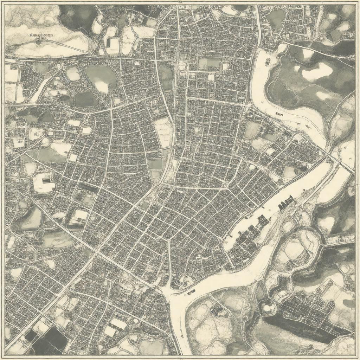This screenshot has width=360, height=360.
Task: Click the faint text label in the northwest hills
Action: [41, 36]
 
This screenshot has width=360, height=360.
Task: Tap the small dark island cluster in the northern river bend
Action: [268, 62]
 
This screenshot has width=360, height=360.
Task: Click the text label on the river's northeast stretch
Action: [279, 114]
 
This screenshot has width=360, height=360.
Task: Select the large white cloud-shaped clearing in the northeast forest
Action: [317, 72]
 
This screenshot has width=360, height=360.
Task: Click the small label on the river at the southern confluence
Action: [191, 292]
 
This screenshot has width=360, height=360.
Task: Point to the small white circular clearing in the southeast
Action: [269, 308]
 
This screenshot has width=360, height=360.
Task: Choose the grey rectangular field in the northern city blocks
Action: [209, 63]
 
